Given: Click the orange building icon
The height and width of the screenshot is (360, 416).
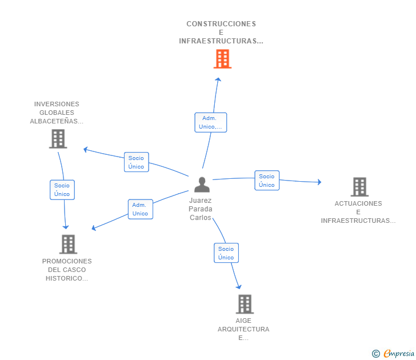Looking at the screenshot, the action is (x=222, y=59).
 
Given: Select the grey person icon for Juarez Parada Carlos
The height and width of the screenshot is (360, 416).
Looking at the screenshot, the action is (x=202, y=185).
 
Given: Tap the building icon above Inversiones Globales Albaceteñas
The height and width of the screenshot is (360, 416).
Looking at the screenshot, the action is (x=58, y=139).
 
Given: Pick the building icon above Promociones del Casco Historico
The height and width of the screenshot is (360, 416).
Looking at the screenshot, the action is (x=68, y=244).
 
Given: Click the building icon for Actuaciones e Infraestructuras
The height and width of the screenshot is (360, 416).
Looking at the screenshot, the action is (x=359, y=187).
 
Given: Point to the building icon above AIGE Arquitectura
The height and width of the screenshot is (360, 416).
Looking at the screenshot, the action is (x=245, y=304).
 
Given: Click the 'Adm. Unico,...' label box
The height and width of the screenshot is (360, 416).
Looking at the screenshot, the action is (x=211, y=122).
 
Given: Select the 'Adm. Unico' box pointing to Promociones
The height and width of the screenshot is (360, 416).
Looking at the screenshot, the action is (x=141, y=209).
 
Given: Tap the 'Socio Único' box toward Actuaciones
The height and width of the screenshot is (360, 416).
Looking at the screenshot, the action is (x=267, y=181).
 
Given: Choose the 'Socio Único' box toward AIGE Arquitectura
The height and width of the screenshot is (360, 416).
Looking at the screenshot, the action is (x=226, y=253).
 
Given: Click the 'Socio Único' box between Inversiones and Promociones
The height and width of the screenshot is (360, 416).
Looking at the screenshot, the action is (x=62, y=190).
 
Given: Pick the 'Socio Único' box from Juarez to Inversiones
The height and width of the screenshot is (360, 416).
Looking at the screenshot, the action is (x=137, y=162).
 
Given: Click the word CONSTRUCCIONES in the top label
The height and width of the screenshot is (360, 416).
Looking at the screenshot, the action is (x=221, y=24).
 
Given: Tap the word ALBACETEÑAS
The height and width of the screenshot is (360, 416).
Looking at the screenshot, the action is (x=57, y=121).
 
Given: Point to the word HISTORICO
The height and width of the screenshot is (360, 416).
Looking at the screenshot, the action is (x=67, y=278).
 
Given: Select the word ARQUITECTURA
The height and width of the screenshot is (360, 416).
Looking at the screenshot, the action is (x=243, y=329).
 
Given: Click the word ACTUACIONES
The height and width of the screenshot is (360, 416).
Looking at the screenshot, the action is (x=358, y=203).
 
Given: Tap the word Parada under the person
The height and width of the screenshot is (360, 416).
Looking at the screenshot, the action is (x=201, y=209).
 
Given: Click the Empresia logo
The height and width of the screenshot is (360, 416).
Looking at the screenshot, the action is (x=393, y=353).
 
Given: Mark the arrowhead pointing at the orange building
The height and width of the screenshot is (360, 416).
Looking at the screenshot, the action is (x=218, y=79).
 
